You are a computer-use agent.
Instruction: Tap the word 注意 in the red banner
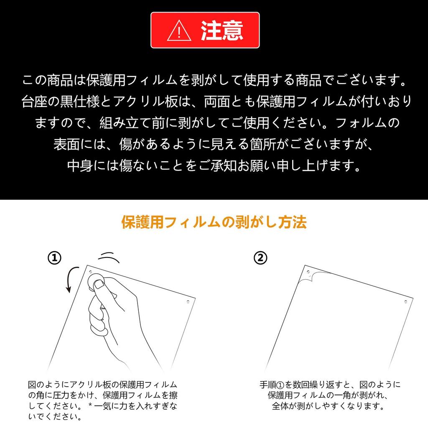point(222,31)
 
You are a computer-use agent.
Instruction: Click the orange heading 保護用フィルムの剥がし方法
point(214,222)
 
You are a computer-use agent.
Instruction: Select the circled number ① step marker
point(54,258)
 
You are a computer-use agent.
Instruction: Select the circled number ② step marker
point(260,258)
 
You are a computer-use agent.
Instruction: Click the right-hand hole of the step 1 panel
point(188,301)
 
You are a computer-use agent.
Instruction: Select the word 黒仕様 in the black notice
point(74,102)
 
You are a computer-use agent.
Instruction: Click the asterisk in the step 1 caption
point(90,406)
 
